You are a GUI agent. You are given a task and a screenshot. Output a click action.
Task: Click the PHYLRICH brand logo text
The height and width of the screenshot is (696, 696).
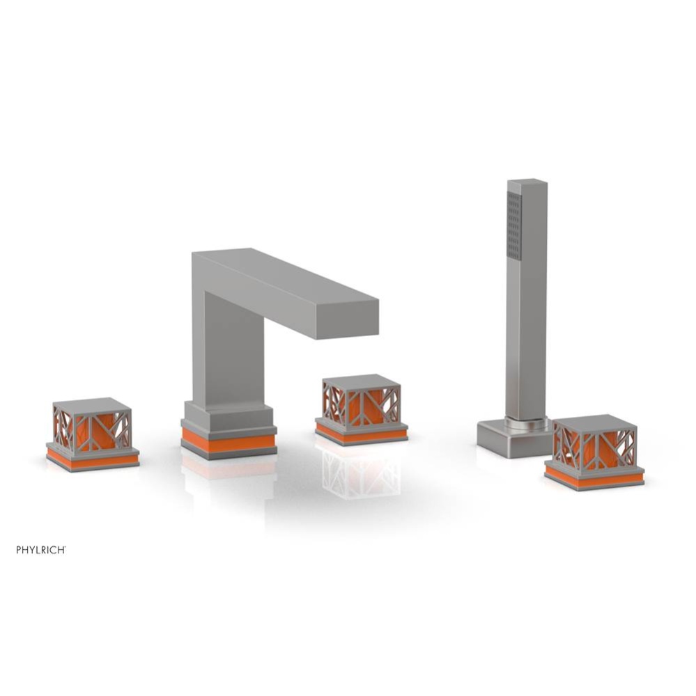coord(41,550)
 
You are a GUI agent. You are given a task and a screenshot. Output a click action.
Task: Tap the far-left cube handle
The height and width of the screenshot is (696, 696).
coord(92,428)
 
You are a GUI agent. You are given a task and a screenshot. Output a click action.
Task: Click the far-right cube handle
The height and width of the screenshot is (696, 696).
coord(594,444)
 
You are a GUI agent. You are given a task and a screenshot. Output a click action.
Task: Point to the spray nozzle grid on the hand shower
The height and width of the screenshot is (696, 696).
coord(514,226)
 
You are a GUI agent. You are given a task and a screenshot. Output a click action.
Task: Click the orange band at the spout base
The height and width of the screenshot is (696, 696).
coord(229,443)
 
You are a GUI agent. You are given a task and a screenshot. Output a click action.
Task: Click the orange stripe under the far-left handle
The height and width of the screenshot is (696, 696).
coord(92,460)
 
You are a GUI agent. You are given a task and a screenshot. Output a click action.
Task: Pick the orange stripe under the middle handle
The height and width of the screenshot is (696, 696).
coord(361,434)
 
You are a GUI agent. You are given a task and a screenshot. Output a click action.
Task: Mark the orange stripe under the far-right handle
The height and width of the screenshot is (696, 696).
coord(594,479)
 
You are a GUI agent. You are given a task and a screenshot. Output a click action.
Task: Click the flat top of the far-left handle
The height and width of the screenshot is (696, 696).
coord(92,404)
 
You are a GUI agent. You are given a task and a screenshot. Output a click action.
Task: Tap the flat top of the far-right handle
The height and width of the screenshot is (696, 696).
coord(594,420)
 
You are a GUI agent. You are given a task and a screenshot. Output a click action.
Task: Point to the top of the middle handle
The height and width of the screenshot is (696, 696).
coord(361,381)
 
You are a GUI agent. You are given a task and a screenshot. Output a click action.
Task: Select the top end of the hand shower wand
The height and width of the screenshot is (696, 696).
coord(527,184)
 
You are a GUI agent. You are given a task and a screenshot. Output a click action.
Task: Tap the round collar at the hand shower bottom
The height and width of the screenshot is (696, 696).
coord(527,422)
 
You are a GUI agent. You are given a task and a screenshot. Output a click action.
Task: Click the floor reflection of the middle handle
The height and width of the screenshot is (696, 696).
coord(359,473)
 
